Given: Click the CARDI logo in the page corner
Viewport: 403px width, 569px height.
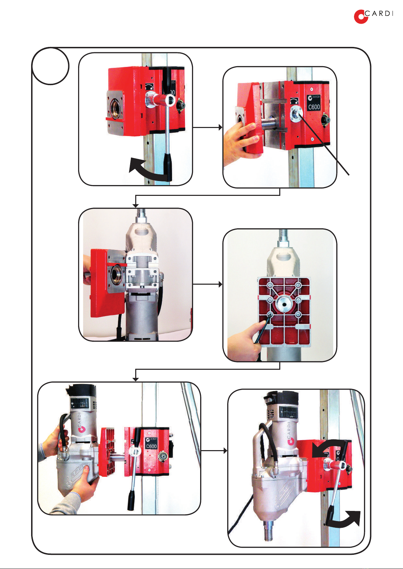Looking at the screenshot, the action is pyautogui.click(x=373, y=17).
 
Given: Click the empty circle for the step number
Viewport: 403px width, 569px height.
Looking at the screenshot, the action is pyautogui.click(x=51, y=66).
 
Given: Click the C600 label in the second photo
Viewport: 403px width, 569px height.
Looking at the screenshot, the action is pyautogui.click(x=314, y=107).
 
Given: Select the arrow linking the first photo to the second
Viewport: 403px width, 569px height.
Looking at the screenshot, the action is pyautogui.click(x=208, y=127).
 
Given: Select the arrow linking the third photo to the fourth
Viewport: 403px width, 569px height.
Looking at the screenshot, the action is pyautogui.click(x=208, y=284).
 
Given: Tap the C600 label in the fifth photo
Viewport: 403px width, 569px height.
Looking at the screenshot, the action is pyautogui.click(x=151, y=446).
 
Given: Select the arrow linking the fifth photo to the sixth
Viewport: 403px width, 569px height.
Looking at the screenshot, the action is pyautogui.click(x=214, y=451).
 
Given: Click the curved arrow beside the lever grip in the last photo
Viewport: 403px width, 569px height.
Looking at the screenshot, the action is pyautogui.click(x=343, y=519).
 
